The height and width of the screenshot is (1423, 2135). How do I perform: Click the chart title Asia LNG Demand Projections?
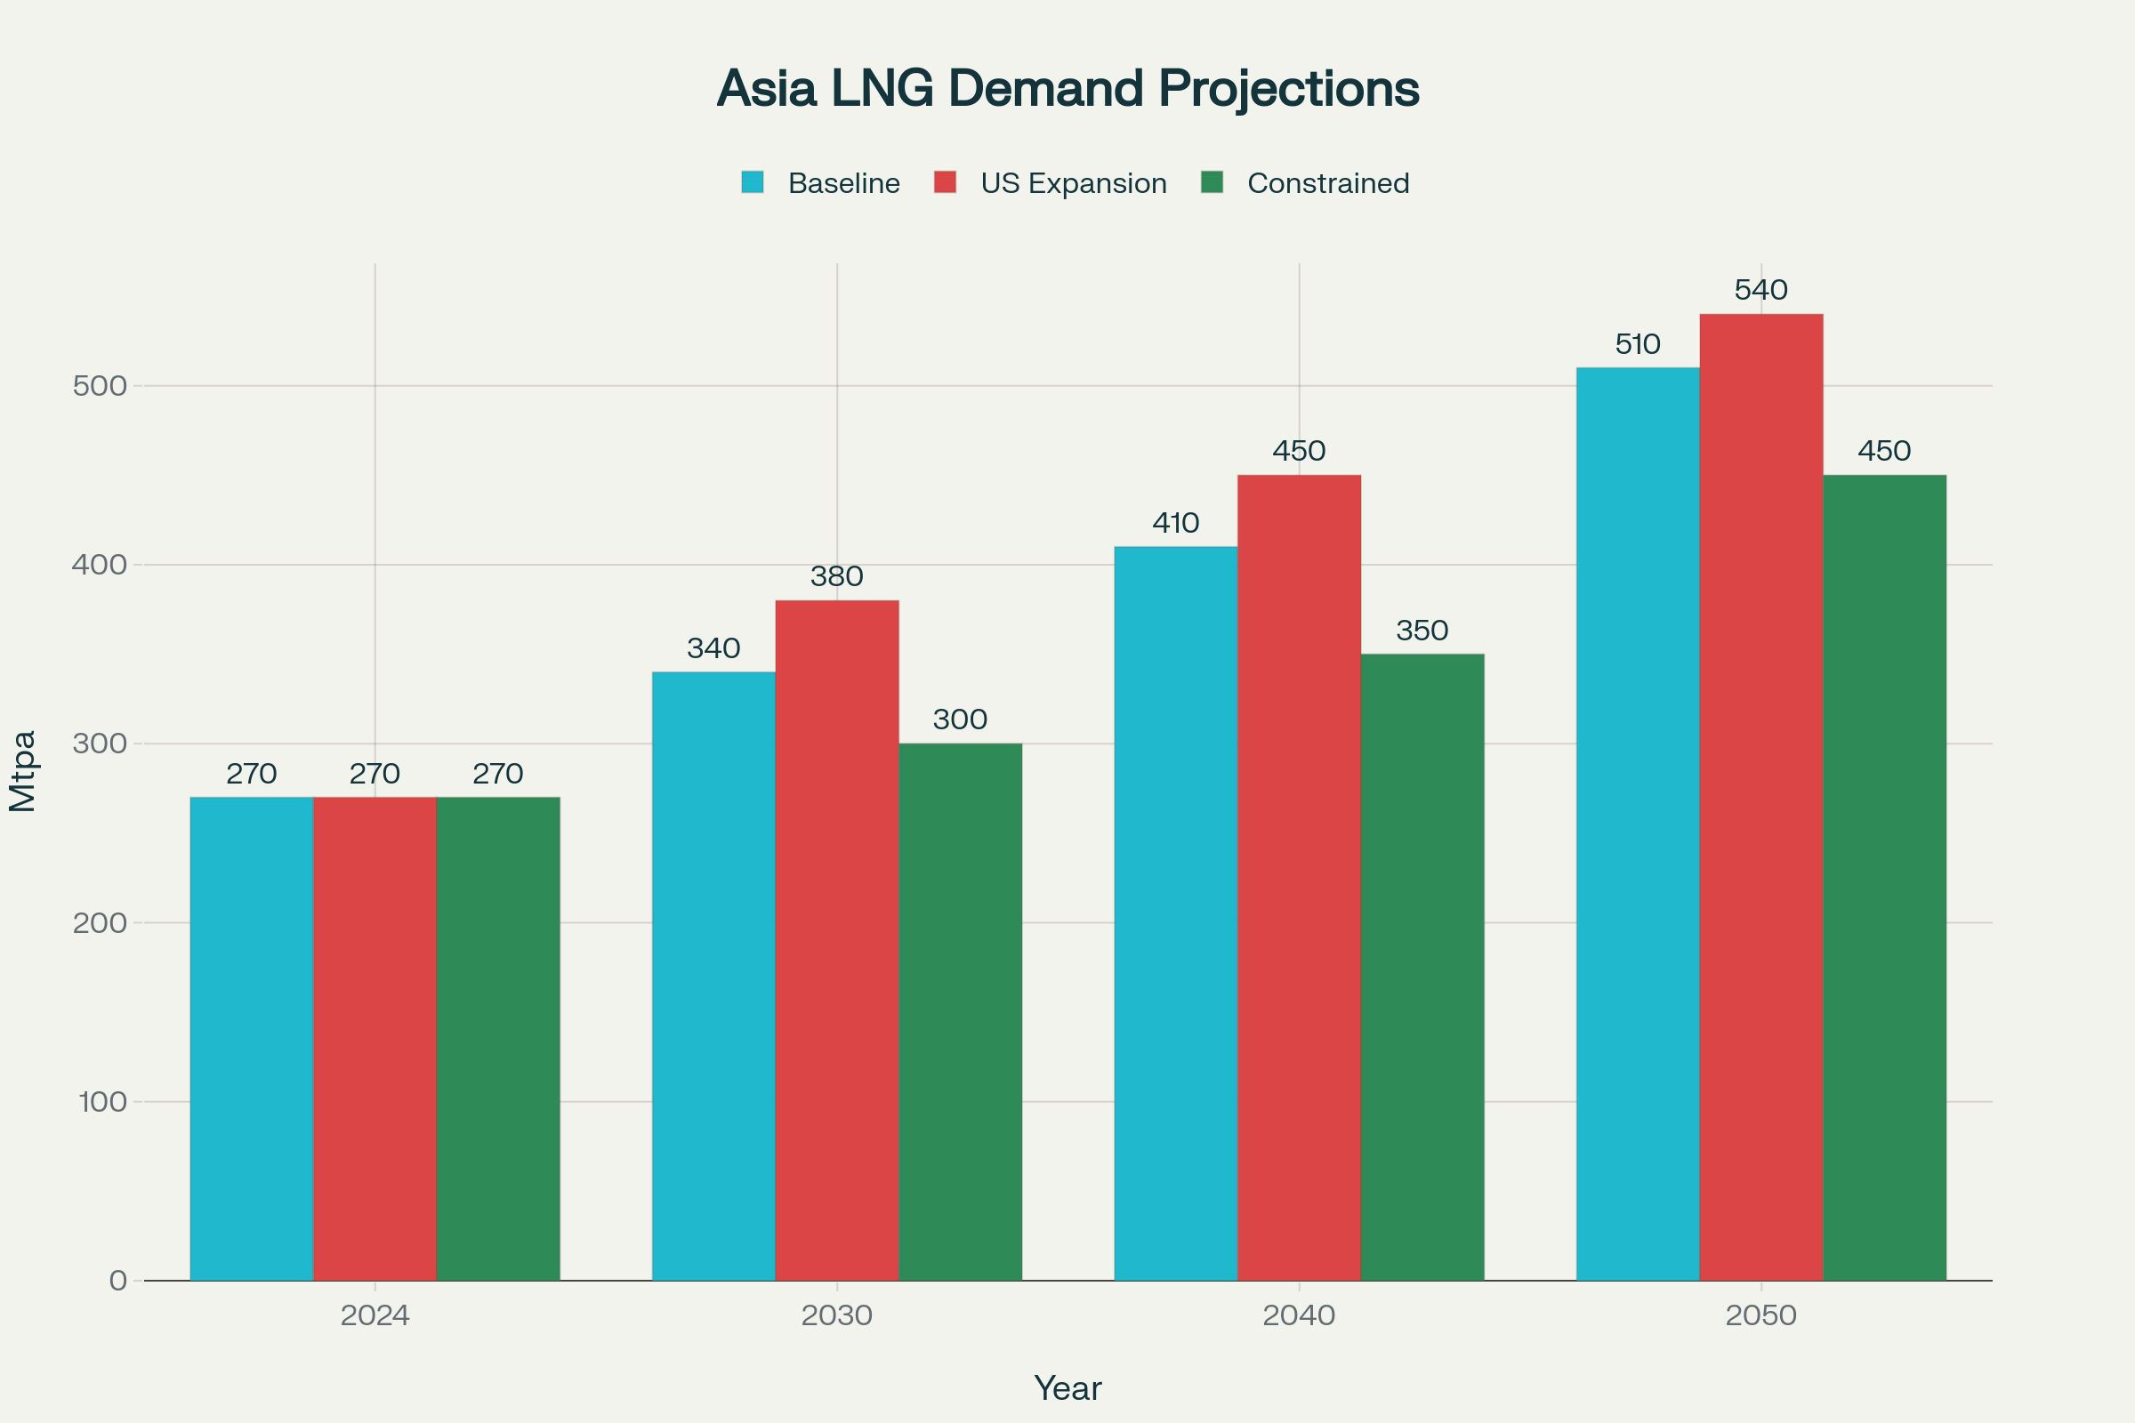(1067, 89)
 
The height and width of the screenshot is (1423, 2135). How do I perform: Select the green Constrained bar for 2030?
(961, 1012)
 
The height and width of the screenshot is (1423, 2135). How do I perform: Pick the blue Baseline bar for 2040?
(1175, 913)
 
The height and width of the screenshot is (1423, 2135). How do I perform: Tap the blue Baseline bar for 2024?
(252, 1038)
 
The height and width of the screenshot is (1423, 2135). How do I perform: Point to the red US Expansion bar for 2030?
(837, 940)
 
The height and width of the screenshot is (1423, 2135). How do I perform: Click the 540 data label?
(1761, 291)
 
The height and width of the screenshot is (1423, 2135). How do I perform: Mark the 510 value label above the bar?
(1638, 345)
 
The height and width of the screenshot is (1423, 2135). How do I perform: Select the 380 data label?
(837, 576)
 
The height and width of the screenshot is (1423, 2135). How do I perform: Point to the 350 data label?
(1422, 631)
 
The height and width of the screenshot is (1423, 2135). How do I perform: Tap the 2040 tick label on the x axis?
(1299, 1316)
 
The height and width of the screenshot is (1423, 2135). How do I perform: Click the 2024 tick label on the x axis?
(375, 1316)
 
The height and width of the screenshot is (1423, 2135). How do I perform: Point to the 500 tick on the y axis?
(100, 386)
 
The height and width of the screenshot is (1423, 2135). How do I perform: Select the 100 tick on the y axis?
(101, 1102)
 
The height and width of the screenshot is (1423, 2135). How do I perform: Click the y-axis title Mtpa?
(23, 770)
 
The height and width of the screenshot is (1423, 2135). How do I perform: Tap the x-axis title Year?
(1067, 1388)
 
